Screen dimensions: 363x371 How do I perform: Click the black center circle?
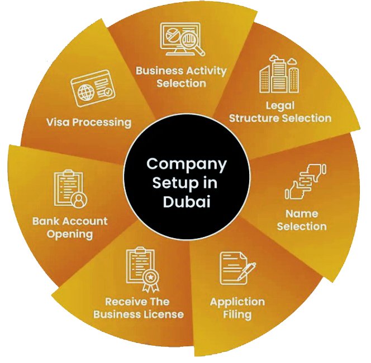click(186, 182)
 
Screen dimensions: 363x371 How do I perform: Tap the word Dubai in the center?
click(186, 201)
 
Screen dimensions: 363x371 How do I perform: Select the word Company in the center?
click(186, 164)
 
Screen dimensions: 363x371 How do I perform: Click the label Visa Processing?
click(89, 122)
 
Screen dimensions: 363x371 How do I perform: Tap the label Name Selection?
click(302, 220)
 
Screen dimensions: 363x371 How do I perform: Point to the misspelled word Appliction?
click(237, 302)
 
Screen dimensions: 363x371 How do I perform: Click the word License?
click(162, 314)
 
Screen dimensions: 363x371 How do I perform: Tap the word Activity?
click(207, 71)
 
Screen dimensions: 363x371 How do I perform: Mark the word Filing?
click(237, 314)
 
